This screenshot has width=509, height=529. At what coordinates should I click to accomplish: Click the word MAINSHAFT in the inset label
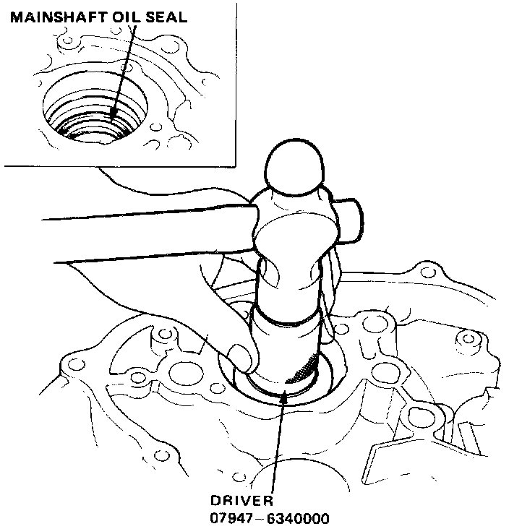(x=56, y=17)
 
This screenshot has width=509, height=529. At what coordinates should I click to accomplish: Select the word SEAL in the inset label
(x=166, y=17)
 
